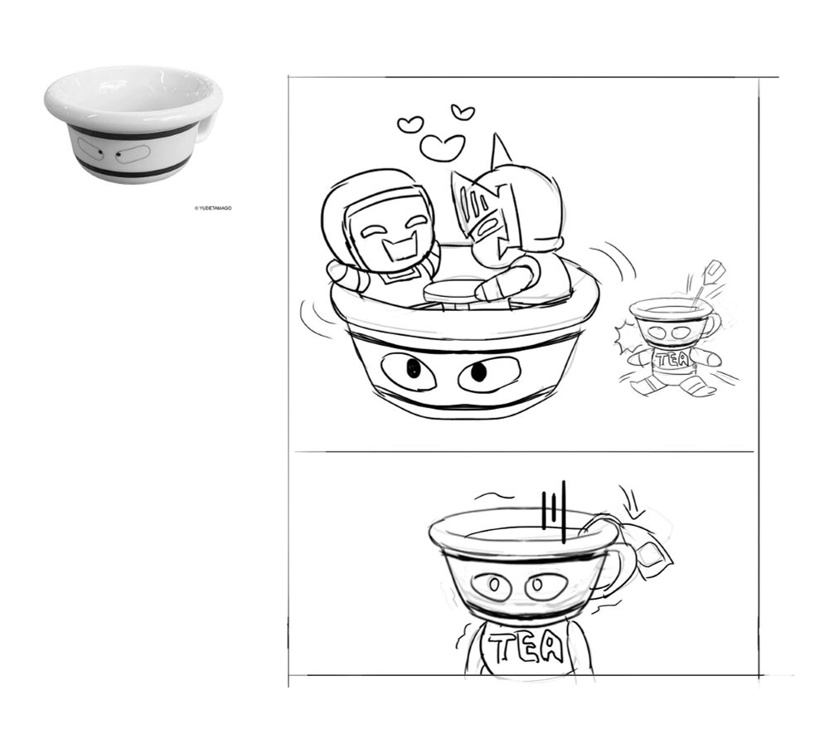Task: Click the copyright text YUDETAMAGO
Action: coord(215,208)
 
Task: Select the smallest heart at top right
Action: coord(463,112)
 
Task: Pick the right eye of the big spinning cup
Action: coord(488,374)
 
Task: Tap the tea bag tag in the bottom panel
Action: coord(649,553)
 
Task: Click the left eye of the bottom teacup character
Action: coord(491,586)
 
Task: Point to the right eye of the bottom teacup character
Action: coord(546,585)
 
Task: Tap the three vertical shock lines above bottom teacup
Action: coord(554,511)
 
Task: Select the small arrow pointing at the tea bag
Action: coord(633,502)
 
